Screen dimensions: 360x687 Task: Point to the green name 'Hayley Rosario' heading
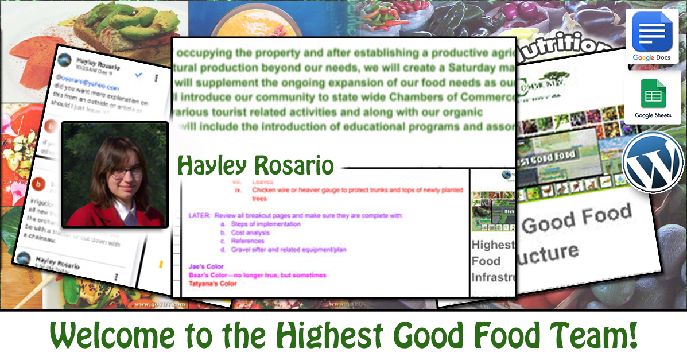tap(255, 166)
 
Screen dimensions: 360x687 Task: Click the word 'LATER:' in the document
tap(199, 215)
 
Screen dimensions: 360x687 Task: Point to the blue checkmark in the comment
tap(137, 75)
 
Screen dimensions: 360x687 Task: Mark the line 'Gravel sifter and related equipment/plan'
tap(289, 250)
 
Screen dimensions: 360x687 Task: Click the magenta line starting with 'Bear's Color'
tap(257, 275)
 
